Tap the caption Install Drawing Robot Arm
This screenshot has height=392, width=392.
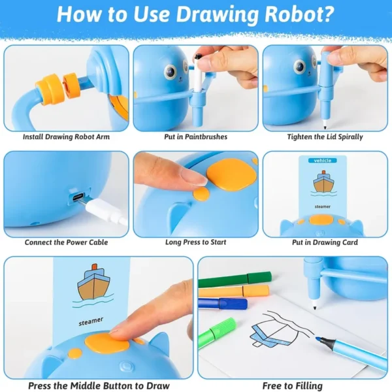click(x=66, y=137)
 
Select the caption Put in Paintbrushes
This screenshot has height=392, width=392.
click(x=196, y=137)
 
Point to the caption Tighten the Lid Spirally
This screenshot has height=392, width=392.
click(x=325, y=137)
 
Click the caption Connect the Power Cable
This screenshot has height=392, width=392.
click(x=66, y=242)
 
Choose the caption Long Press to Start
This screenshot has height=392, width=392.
click(x=196, y=242)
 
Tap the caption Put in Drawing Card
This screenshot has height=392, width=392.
click(x=325, y=242)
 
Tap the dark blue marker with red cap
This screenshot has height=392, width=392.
click(x=223, y=304)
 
